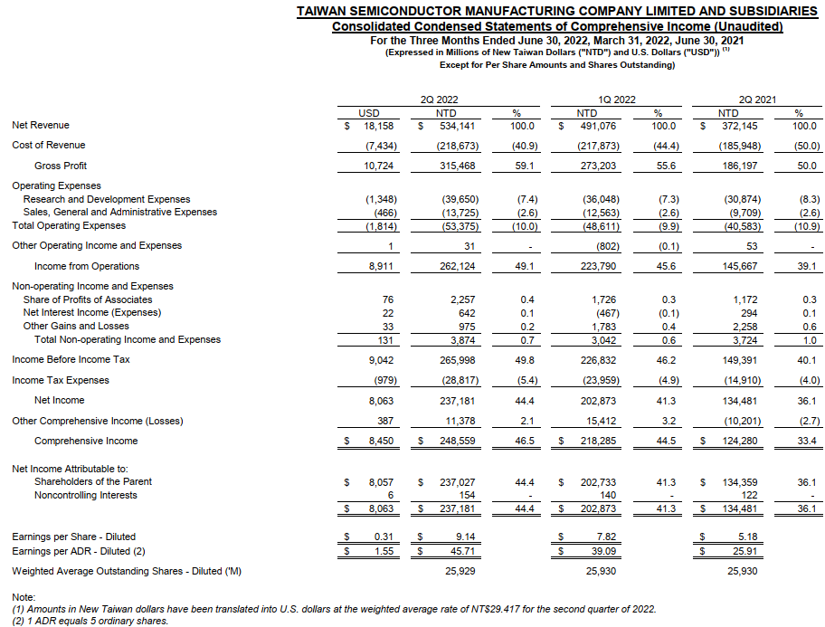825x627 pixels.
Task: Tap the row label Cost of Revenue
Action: point(49,146)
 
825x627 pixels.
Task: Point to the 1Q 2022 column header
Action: point(617,100)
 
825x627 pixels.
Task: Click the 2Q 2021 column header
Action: point(758,100)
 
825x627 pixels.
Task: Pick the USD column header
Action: point(369,113)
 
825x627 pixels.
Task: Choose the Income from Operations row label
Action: point(87,266)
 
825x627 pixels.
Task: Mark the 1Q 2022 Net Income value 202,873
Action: point(598,400)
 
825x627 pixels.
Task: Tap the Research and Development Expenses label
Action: point(107,199)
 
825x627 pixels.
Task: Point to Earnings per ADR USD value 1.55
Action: point(382,551)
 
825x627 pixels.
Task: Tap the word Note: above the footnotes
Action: point(24,598)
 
